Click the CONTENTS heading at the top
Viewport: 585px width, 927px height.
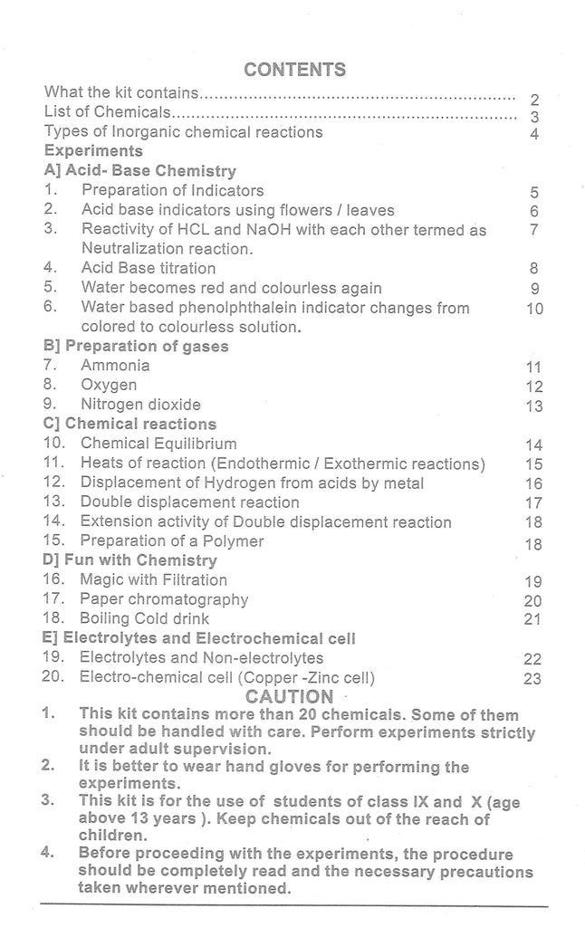coord(294,70)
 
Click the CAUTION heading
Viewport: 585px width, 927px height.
coord(289,696)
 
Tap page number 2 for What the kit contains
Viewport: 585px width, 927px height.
coord(535,100)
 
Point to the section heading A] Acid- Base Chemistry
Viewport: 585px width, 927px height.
coord(139,170)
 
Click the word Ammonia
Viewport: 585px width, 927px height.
coord(115,366)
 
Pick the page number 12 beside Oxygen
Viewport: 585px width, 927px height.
coord(533,387)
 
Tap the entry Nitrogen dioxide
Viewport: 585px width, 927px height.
coord(140,405)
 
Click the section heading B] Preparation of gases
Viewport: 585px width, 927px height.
coord(136,346)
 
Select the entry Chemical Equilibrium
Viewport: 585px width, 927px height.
coord(158,444)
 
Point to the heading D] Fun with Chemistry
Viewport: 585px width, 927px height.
coord(129,560)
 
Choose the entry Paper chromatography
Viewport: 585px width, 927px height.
coord(163,599)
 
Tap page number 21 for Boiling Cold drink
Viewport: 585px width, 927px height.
coord(532,619)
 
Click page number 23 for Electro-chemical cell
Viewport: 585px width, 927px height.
coord(532,678)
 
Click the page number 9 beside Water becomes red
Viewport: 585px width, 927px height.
coord(535,289)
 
